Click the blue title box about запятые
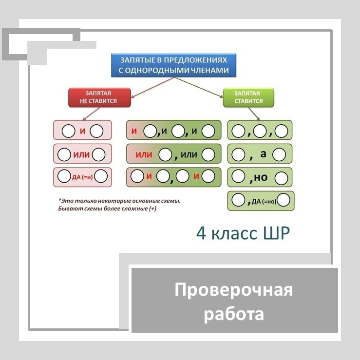(174, 65)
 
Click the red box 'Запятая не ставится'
(99, 97)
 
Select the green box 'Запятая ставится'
(248, 97)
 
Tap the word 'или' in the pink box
(82, 154)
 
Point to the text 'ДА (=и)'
(83, 177)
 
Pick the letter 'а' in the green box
(264, 154)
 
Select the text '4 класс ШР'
(242, 233)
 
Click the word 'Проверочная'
(234, 290)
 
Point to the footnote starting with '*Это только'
(119, 204)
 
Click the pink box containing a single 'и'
(82, 131)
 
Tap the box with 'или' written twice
(174, 154)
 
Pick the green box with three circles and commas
(260, 131)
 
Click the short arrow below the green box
(255, 114)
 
